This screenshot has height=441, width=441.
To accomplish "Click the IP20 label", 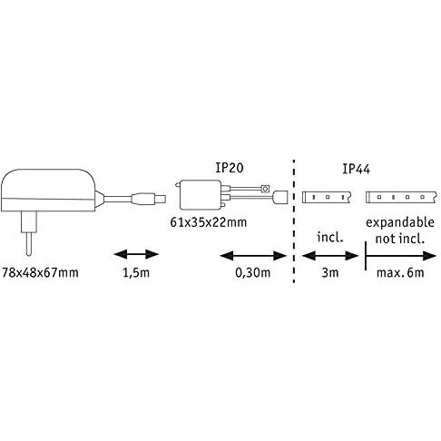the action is pos(230,168).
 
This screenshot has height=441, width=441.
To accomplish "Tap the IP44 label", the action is pos(356,169).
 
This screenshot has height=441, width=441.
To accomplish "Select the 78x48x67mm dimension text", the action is pos(40,273).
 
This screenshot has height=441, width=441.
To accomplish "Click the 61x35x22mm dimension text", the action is pos(209,222).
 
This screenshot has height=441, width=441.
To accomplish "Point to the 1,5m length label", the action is pos(136,273).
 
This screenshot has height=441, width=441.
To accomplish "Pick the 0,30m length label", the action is pos(252,273).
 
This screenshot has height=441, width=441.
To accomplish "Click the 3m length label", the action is pos(330,273).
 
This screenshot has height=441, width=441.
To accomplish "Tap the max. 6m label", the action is pos(400,273).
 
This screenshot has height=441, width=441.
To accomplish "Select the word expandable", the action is pos(400,223).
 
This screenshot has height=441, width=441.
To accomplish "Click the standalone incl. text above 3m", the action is pos(330,238).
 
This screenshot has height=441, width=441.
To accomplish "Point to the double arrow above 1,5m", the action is pos(136,254).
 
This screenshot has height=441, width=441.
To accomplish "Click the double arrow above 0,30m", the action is pos(253,256).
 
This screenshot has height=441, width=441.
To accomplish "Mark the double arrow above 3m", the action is pos(330,256).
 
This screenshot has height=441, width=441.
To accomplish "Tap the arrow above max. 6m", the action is pos(400,256).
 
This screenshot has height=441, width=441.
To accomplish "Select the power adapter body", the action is pos(48,191).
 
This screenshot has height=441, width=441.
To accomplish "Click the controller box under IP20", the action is pos(201,195).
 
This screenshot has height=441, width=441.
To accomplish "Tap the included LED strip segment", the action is pos(327,197).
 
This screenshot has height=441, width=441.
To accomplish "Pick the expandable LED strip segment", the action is pos(401,197).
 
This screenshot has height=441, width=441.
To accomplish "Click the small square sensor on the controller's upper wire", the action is pos(265,189).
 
